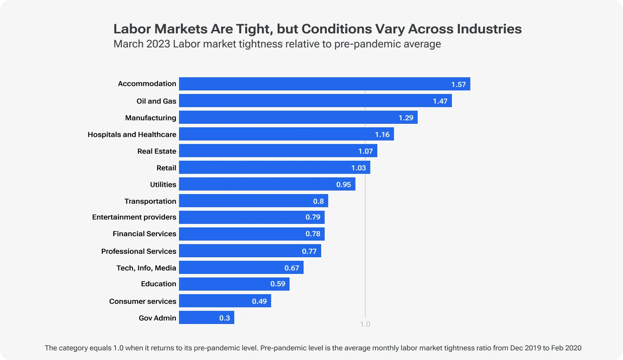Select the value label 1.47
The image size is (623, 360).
440,101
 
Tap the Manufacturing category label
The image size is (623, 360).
150,118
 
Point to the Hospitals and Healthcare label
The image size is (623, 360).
132,134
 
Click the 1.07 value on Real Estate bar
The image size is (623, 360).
365,151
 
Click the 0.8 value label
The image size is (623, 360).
318,201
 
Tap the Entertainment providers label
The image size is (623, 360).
134,217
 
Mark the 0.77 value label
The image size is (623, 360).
309,251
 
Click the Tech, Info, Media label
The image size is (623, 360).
146,268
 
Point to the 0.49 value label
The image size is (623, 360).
259,301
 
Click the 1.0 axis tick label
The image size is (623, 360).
365,324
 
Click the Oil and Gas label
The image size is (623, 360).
156,101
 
